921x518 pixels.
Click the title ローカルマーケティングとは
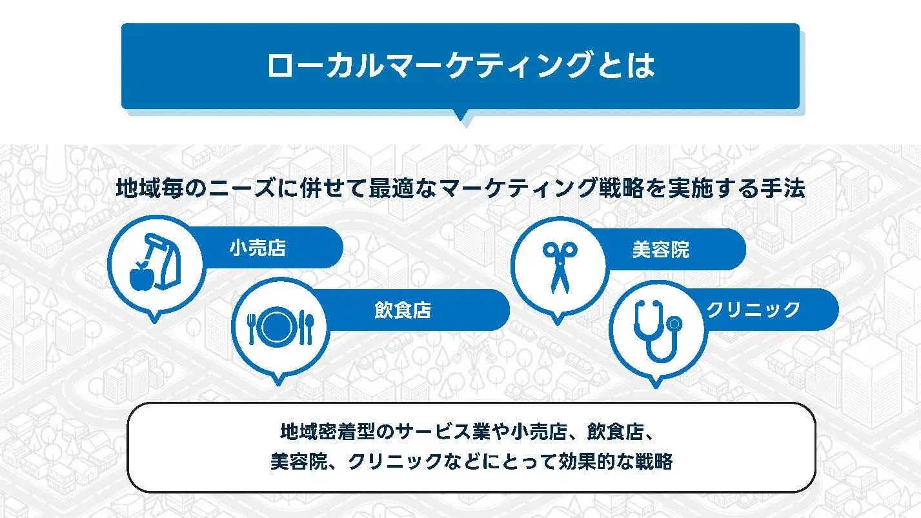tap(460, 65)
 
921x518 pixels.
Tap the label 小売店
tap(257, 248)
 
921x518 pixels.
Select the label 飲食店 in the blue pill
tap(402, 310)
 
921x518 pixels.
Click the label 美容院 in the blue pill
tap(660, 250)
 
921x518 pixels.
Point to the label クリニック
tap(753, 310)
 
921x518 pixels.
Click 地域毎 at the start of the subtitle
tap(147, 190)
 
